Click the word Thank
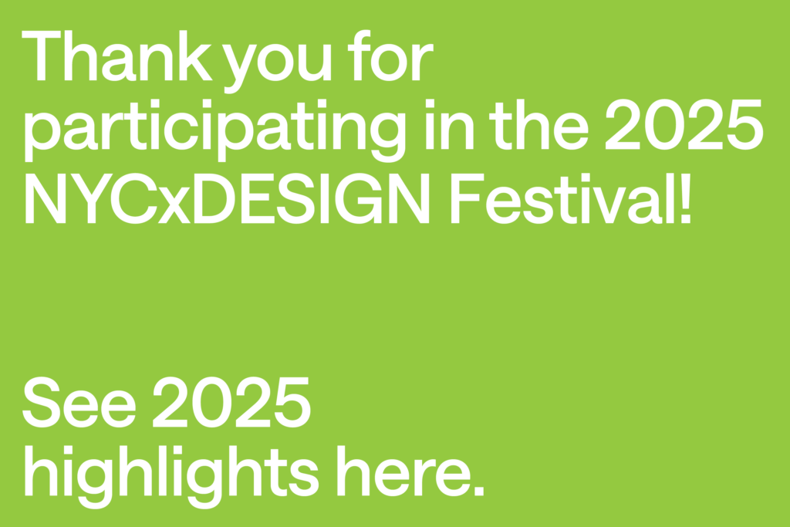click(117, 56)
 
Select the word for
click(390, 56)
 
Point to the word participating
click(215, 130)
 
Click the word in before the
click(450, 124)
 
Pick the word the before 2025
click(538, 124)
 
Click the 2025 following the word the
click(684, 124)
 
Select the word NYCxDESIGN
click(228, 198)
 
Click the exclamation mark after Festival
click(685, 198)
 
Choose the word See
click(79, 402)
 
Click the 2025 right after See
click(231, 402)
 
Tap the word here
click(403, 471)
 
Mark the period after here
click(478, 491)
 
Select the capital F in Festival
click(467, 198)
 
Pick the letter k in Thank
click(195, 56)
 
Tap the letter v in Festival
click(609, 205)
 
